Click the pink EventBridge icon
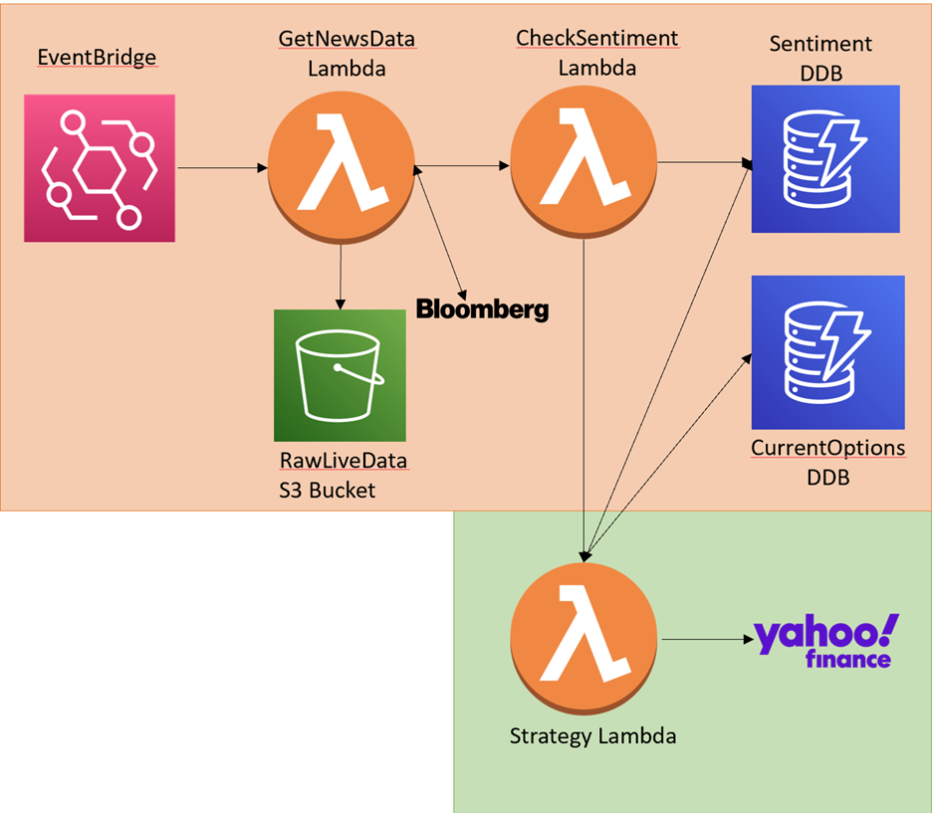[100, 168]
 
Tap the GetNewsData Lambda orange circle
[342, 167]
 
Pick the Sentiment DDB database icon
[825, 159]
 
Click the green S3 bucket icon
[342, 374]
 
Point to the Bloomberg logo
[482, 308]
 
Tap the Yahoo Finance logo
[825, 641]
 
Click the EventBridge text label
[97, 57]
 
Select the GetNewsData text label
[348, 40]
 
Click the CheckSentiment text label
[596, 38]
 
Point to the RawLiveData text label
[344, 462]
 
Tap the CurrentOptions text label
[827, 448]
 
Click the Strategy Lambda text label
[592, 736]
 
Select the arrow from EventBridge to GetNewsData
[221, 168]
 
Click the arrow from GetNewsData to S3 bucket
[342, 275]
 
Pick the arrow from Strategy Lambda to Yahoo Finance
[701, 640]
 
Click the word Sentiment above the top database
[821, 44]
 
